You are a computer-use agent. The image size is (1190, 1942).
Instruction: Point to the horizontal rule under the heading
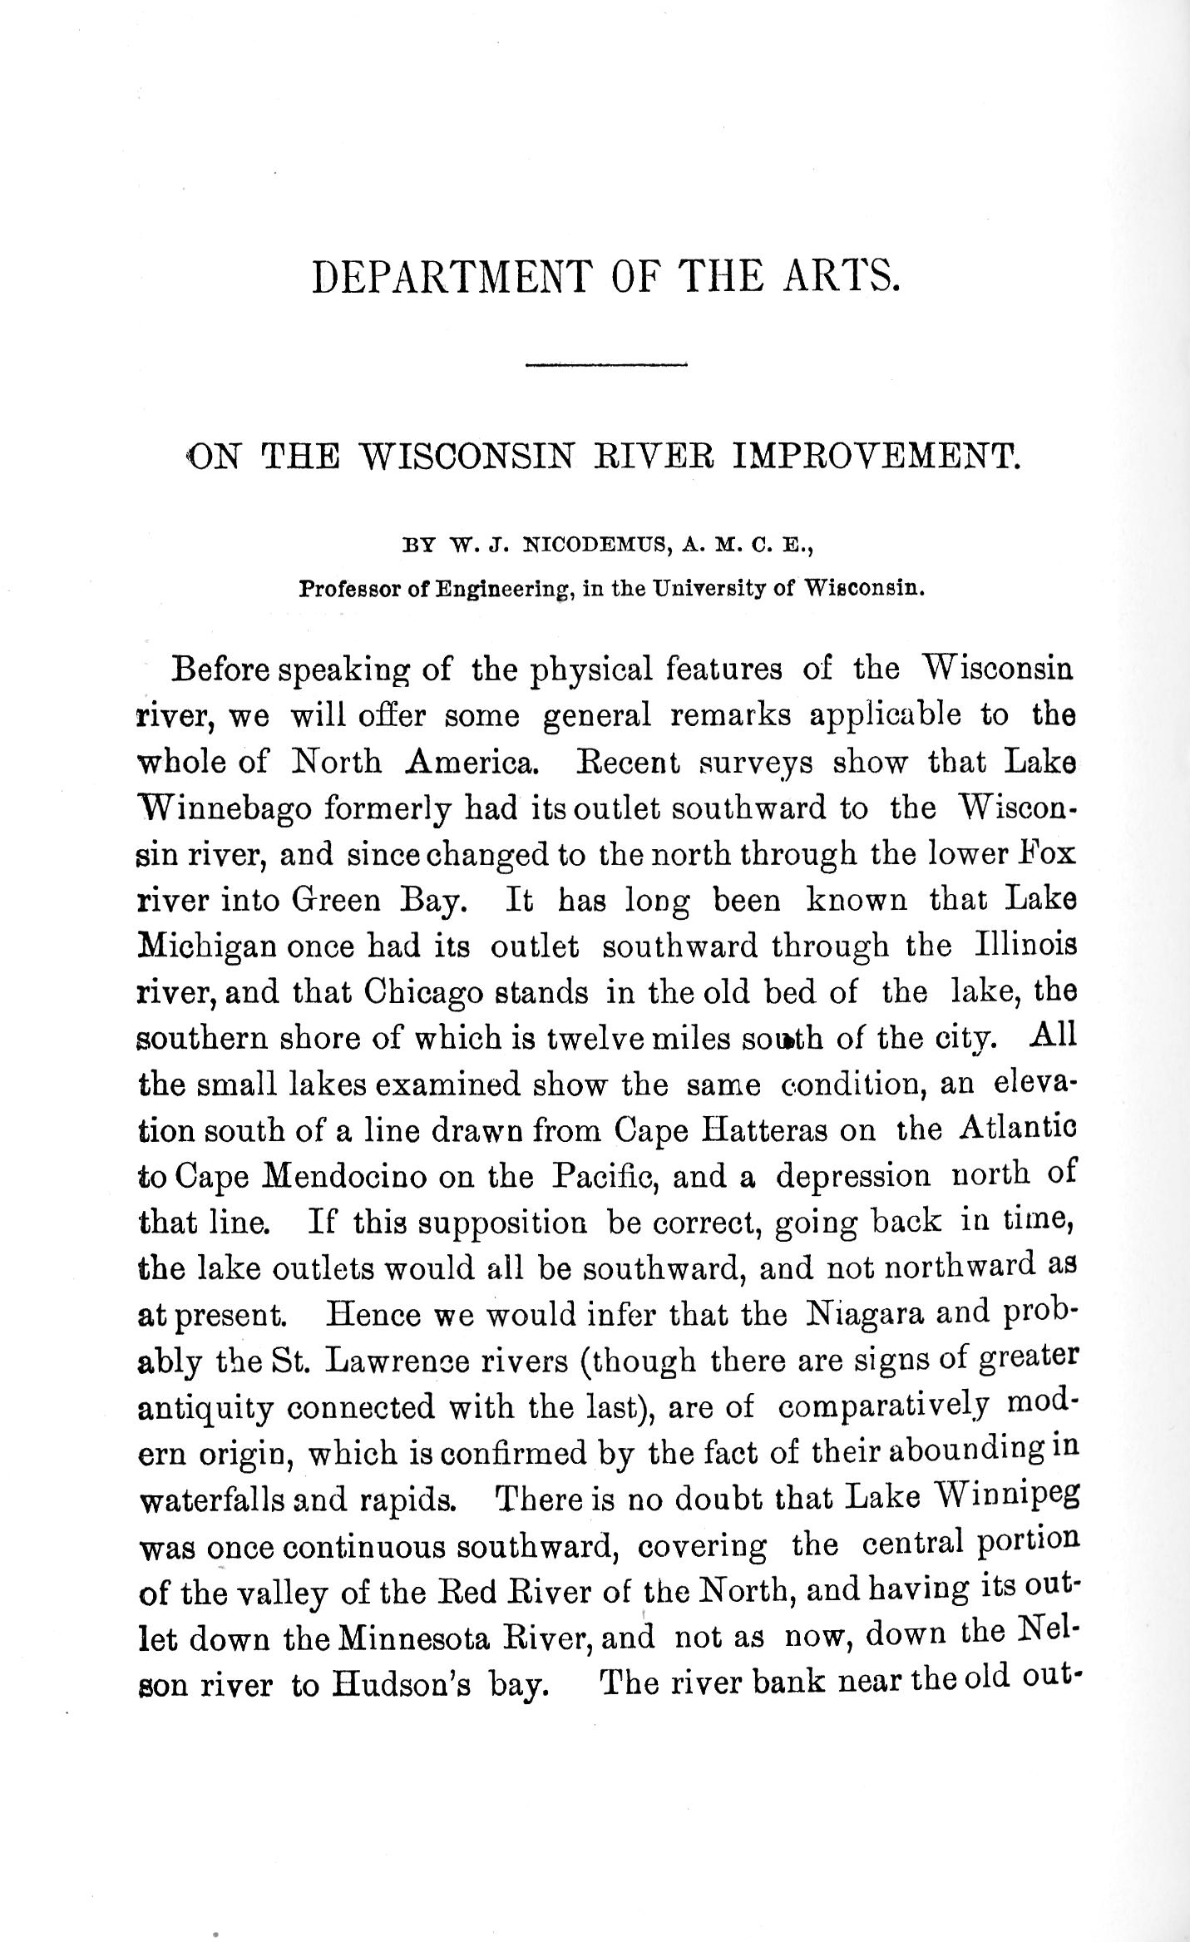pos(605,364)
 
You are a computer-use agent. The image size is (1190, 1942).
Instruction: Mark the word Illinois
pos(1023,947)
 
